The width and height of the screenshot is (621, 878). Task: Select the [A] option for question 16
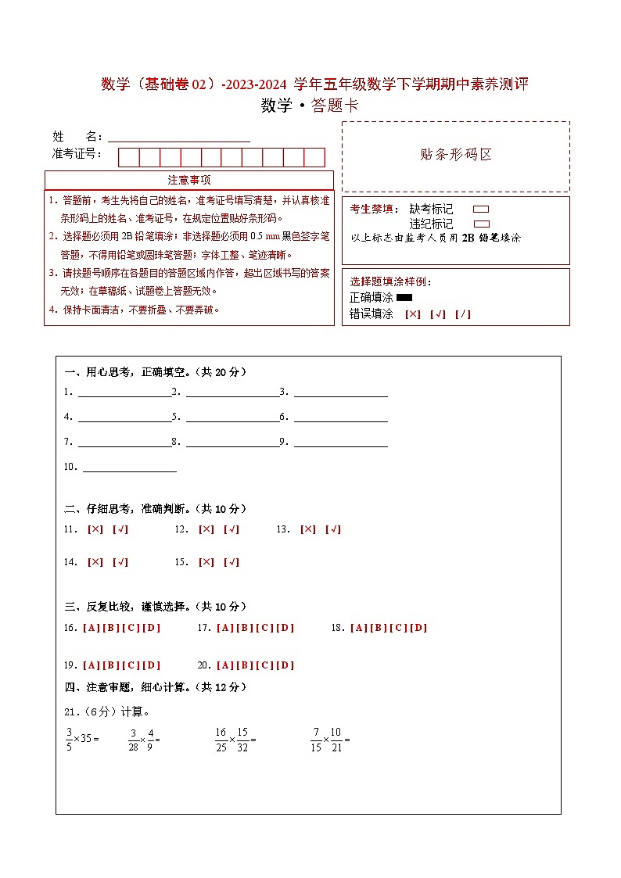pyautogui.click(x=90, y=628)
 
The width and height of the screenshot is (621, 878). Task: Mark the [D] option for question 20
pyautogui.click(x=285, y=665)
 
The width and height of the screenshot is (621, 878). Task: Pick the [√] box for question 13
pyautogui.click(x=333, y=529)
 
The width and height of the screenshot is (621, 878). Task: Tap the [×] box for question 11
pyautogui.click(x=95, y=529)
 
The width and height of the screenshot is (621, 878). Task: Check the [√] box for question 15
pyautogui.click(x=232, y=562)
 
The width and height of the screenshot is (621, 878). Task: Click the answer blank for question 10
pyautogui.click(x=129, y=467)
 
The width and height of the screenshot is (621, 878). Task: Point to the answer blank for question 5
pyautogui.click(x=232, y=417)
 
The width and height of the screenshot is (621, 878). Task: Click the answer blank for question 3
pyautogui.click(x=340, y=392)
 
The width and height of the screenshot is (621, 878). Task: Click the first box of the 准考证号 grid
pyautogui.click(x=128, y=157)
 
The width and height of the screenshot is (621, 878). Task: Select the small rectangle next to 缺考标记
pyautogui.click(x=481, y=210)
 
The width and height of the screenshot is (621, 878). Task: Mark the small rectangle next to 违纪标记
pyautogui.click(x=481, y=224)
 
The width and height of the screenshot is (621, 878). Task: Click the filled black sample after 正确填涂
pyautogui.click(x=404, y=297)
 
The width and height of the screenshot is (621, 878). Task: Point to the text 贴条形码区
pyautogui.click(x=456, y=155)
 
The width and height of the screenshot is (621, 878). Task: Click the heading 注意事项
pyautogui.click(x=189, y=180)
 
